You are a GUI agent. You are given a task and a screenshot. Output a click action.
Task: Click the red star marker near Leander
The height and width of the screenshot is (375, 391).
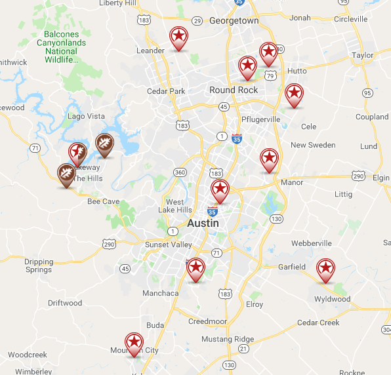[178, 38]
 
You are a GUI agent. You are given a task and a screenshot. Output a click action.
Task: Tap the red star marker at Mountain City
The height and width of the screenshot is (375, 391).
[134, 343]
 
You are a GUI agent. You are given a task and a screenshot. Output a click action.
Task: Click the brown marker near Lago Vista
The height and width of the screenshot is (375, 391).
[104, 144]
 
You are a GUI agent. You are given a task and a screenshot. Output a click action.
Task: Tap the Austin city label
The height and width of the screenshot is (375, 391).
[203, 223]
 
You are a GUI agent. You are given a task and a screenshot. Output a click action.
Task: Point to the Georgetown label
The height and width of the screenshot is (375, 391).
[234, 21]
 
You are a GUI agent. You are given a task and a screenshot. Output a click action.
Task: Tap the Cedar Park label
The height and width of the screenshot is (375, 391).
[167, 91]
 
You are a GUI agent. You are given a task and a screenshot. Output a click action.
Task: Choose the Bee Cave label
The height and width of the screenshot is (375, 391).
[104, 201]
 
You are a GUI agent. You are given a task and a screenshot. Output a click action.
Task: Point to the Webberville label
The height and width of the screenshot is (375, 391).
[312, 243]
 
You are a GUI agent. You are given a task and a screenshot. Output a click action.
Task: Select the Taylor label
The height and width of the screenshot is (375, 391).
[362, 56]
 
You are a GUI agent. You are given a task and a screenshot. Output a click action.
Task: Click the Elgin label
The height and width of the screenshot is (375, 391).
[380, 178]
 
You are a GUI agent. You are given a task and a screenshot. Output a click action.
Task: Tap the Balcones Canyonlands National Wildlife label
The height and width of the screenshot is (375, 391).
[61, 47]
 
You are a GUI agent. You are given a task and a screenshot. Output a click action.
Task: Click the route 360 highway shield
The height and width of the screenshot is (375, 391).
[180, 172]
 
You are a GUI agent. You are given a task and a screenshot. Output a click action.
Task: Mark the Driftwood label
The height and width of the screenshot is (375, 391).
[65, 303]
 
